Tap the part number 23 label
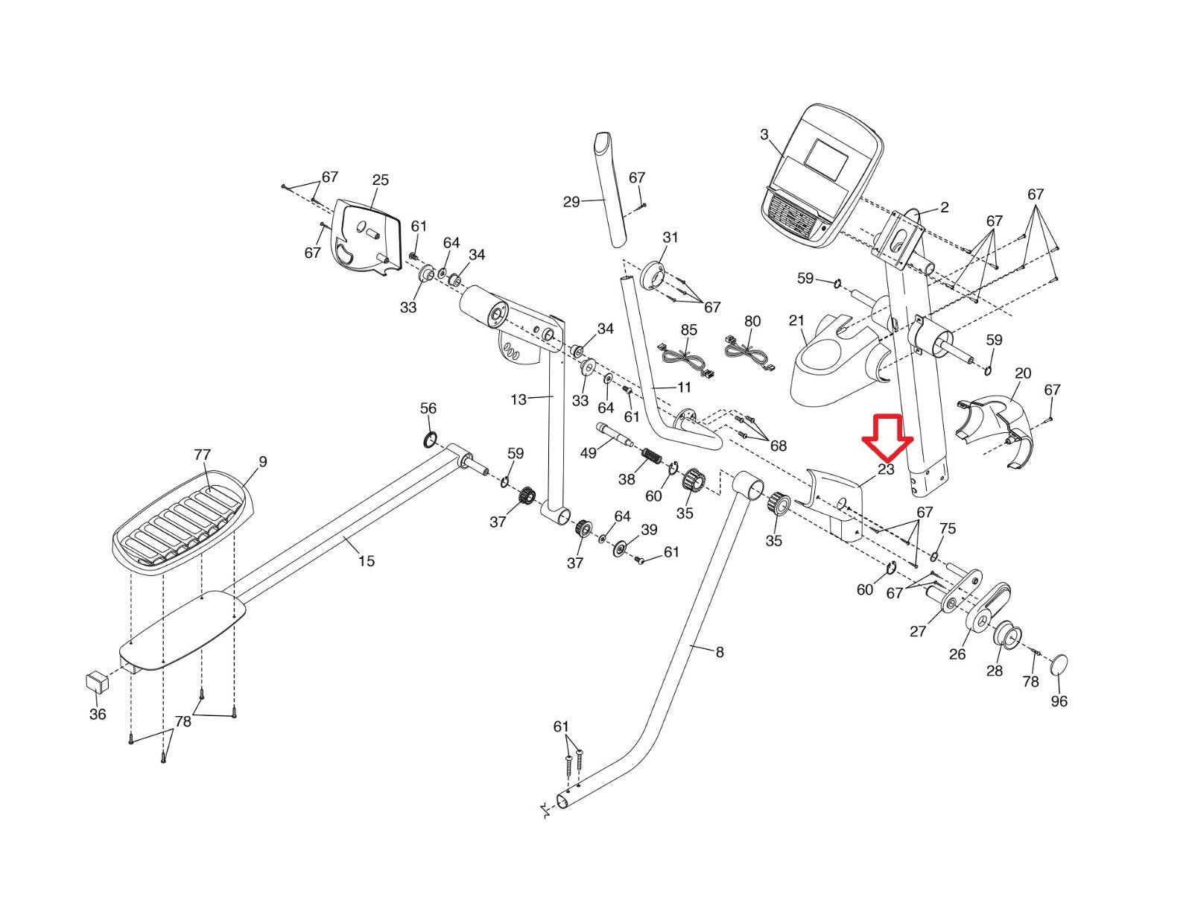(x=886, y=469)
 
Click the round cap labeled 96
(x=1059, y=664)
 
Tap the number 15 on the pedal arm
(x=366, y=560)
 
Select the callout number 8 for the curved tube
(x=719, y=652)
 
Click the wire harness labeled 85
(x=682, y=358)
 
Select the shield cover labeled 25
(x=365, y=236)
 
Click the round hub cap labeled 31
(x=653, y=278)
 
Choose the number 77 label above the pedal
(x=202, y=455)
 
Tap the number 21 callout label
(x=796, y=320)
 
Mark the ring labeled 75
(x=935, y=555)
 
